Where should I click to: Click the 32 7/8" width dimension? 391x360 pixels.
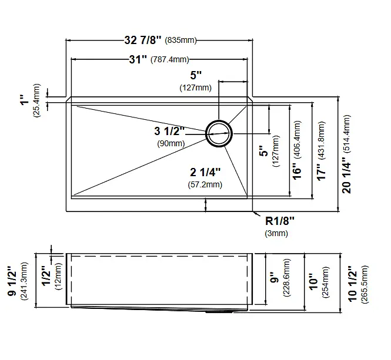click(143, 40)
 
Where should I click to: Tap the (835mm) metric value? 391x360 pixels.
click(181, 40)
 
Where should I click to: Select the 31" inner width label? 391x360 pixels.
click(138, 59)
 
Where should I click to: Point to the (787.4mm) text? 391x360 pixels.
click(170, 59)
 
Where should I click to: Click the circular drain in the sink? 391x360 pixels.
click(219, 133)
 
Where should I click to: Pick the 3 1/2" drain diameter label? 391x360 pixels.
click(169, 131)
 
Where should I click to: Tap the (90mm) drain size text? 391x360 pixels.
click(171, 143)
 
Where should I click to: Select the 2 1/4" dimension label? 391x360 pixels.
click(205, 172)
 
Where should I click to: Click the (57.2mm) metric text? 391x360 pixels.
click(205, 184)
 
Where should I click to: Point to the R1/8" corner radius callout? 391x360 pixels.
click(280, 221)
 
